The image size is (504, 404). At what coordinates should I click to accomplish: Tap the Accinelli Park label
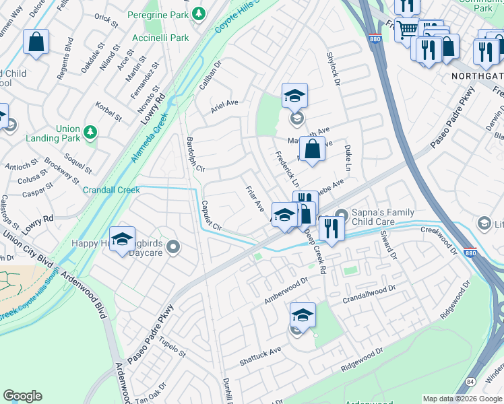160,38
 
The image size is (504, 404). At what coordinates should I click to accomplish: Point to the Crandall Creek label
111,190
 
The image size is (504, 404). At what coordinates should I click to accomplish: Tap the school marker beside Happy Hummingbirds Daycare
122,240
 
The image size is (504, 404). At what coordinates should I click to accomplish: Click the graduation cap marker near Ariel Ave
294,97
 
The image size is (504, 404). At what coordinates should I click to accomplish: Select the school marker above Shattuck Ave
303,316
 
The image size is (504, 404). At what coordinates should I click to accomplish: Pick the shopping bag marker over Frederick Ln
312,149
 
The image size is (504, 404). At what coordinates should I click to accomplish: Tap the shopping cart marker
406,30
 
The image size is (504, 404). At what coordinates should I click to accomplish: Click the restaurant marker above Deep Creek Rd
332,228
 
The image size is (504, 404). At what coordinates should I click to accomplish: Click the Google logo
23,396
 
